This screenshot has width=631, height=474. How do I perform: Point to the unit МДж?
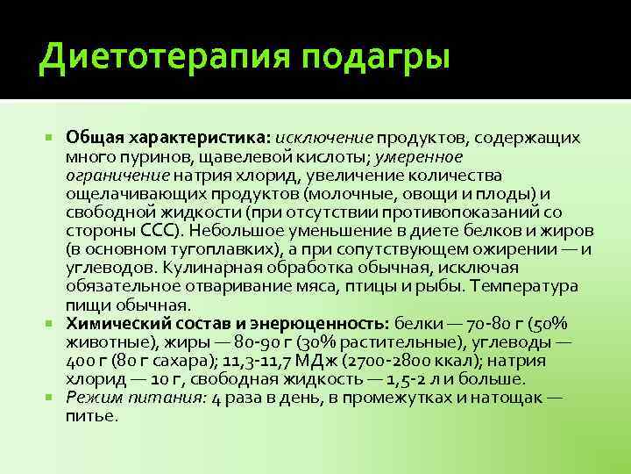coord(326,361)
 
